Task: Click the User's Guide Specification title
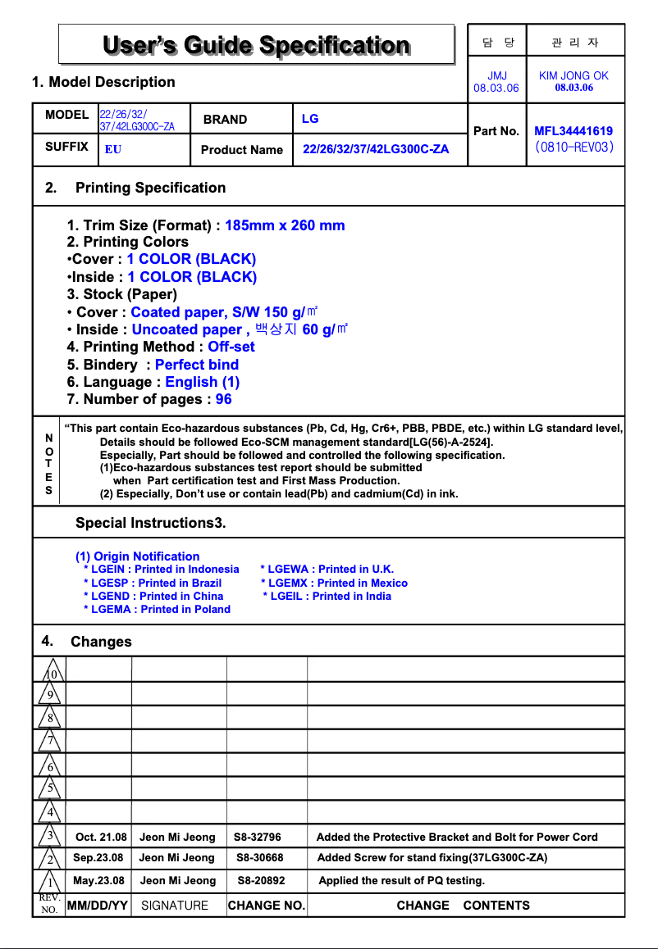pos(256,44)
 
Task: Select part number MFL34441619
pos(573,131)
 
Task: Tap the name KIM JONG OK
pos(573,75)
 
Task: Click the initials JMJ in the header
pos(496,75)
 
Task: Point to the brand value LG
pos(310,119)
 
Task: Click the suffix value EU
pos(113,150)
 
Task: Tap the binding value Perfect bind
pos(197,365)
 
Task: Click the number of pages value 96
pos(223,399)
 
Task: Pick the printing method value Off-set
pos(231,347)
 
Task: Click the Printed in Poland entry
pos(157,609)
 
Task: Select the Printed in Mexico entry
pos(334,583)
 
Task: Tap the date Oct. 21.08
pos(101,837)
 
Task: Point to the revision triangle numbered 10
pos(51,672)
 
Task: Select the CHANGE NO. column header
pos(266,906)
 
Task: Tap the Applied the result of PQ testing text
pos(401,881)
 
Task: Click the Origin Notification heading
pos(137,556)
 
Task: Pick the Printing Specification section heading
pos(150,188)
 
